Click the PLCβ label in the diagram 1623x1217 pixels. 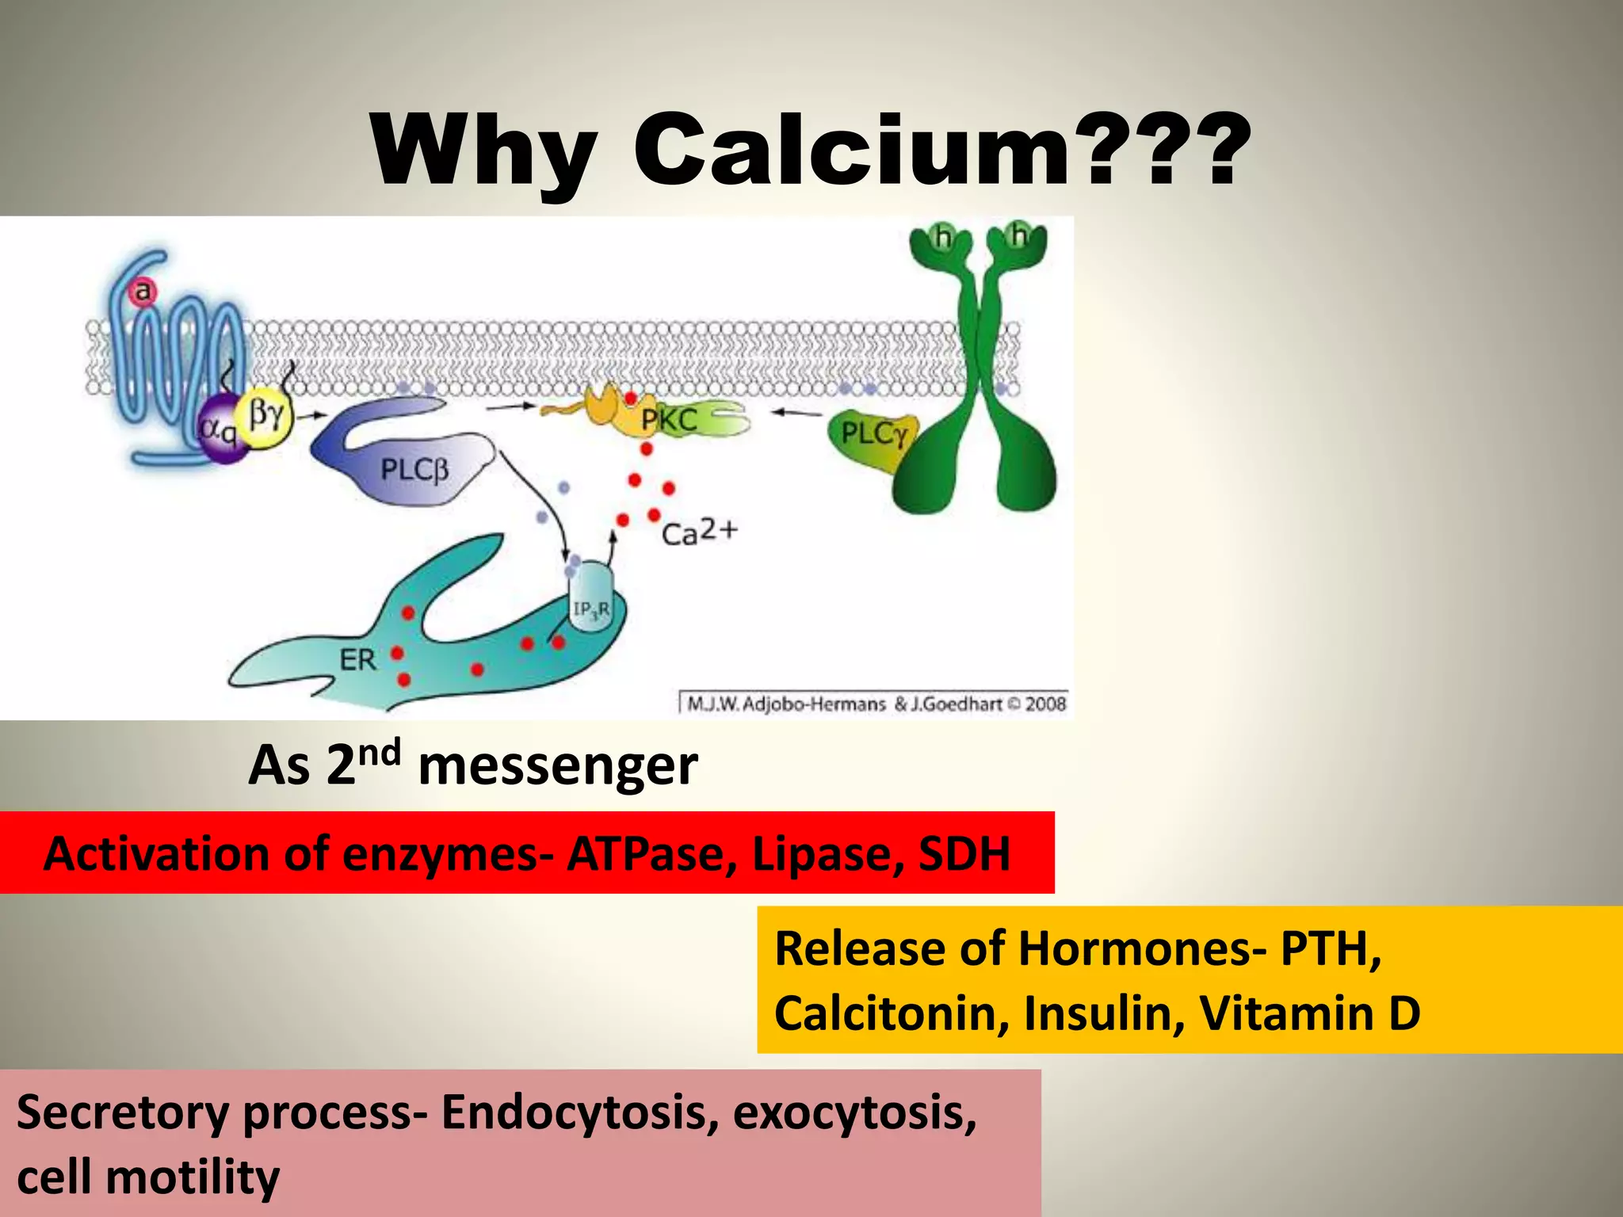click(x=414, y=470)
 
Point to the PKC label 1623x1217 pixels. click(x=670, y=421)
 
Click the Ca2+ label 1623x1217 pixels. click(x=699, y=532)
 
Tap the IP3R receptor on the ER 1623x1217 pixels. click(x=591, y=608)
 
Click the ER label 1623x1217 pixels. click(x=357, y=659)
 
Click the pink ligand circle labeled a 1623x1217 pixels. click(x=143, y=292)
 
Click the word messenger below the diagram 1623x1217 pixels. click(x=558, y=766)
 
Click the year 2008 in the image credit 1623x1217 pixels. click(x=1045, y=704)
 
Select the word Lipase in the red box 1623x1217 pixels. click(x=827, y=854)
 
